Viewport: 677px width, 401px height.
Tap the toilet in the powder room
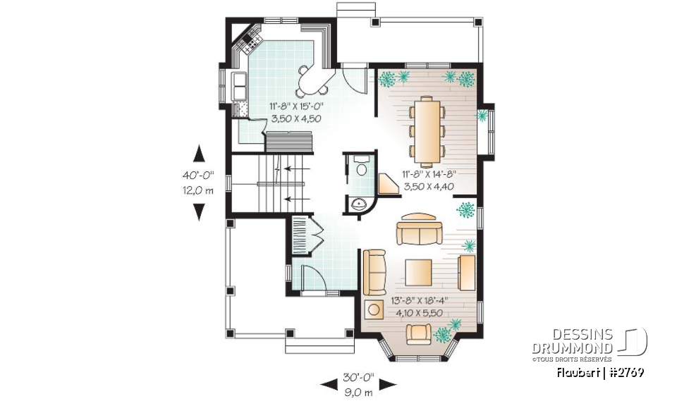pos(362,168)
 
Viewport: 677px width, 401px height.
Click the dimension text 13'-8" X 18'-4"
pos(420,300)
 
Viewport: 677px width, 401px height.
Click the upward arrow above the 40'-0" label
pos(199,155)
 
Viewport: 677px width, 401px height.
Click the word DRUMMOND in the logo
pos(572,347)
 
